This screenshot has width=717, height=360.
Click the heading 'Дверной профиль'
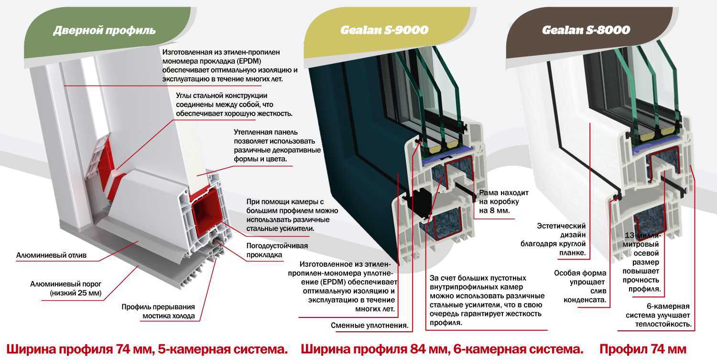(104, 31)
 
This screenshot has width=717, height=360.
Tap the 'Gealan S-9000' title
(384, 30)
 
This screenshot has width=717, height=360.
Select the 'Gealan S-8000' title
(586, 30)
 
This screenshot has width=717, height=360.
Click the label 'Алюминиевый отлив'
(51, 255)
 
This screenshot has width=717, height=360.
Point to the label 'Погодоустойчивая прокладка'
(277, 250)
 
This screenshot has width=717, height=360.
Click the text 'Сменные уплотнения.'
(369, 326)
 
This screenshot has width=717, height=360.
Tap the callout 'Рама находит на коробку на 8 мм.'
(503, 201)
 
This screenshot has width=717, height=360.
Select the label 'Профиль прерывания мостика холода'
(158, 311)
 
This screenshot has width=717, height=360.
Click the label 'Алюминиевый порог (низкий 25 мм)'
(65, 288)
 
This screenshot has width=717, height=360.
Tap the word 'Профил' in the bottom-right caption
(619, 349)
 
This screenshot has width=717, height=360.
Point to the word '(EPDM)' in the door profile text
(249, 61)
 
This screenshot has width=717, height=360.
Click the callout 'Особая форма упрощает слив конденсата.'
(580, 286)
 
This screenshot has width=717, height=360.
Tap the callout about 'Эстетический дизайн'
(553, 239)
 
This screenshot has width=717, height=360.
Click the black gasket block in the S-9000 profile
(421, 203)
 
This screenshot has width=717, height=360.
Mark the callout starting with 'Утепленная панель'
(277, 145)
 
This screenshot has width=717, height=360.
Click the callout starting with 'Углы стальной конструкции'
(234, 104)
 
